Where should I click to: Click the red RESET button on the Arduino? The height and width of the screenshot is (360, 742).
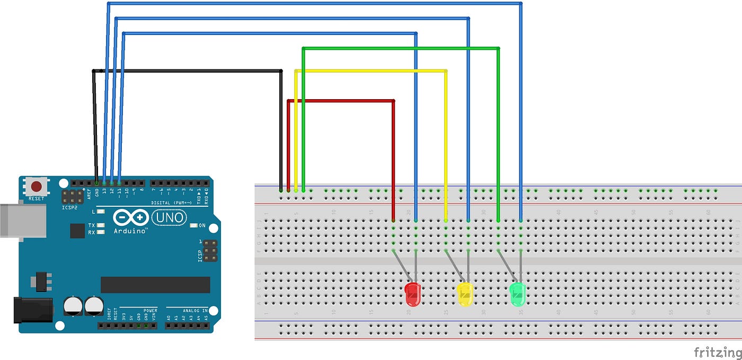coord(37,186)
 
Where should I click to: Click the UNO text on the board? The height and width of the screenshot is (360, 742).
coord(169,217)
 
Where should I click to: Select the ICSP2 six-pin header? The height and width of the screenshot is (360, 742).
coord(71,198)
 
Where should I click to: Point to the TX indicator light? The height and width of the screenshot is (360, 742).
coord(100,225)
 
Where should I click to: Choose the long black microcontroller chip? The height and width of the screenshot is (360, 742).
coord(155,285)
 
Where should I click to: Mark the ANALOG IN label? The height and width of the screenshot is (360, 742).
coord(187,310)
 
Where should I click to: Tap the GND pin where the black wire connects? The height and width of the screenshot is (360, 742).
coord(96,182)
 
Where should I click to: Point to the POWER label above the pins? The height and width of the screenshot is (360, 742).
coord(151,310)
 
